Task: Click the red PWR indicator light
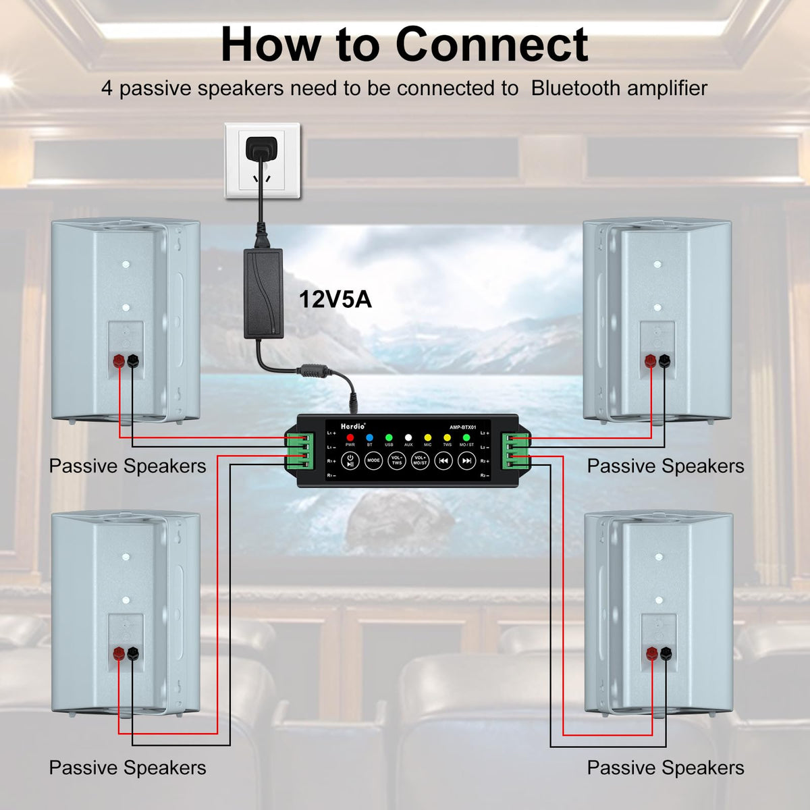pyautogui.click(x=350, y=438)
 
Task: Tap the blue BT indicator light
pyautogui.click(x=369, y=438)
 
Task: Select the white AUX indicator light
pyautogui.click(x=408, y=438)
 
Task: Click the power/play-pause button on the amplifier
pyautogui.click(x=350, y=461)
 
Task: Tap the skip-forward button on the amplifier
pyautogui.click(x=466, y=461)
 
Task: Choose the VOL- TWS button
pyautogui.click(x=397, y=461)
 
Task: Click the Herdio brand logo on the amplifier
pyautogui.click(x=352, y=426)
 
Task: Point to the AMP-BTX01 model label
pyautogui.click(x=463, y=427)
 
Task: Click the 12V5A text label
pyautogui.click(x=335, y=299)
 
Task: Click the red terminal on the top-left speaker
pyautogui.click(x=119, y=360)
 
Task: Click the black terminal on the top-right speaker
pyautogui.click(x=665, y=360)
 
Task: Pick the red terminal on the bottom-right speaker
pyautogui.click(x=652, y=653)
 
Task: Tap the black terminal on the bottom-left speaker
pyautogui.click(x=133, y=653)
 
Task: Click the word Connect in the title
pyautogui.click(x=491, y=45)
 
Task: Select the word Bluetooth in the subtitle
pyautogui.click(x=575, y=88)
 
